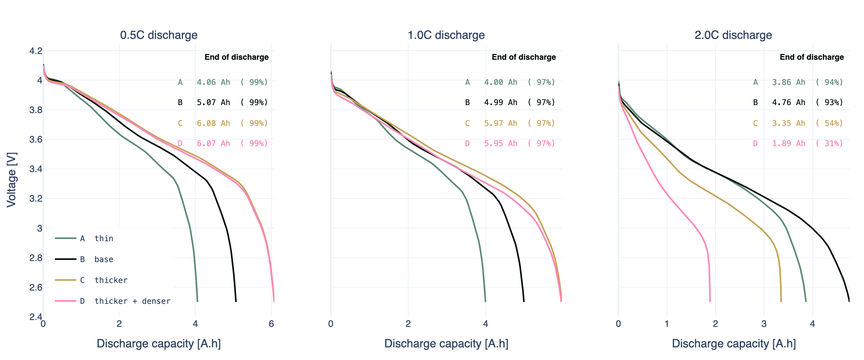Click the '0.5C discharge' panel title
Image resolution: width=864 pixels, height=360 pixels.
coord(159,35)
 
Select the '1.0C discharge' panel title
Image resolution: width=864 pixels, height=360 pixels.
coord(446,35)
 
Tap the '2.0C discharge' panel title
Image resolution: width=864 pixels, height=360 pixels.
coord(733,35)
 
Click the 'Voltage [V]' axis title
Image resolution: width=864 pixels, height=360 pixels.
coord(12,180)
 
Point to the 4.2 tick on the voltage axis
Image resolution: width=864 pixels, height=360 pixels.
coord(36,51)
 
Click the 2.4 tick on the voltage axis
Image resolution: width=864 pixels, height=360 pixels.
coord(36,317)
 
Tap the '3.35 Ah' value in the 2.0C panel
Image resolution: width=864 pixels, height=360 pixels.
coord(788,123)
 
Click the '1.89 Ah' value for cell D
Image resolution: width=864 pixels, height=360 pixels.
coord(788,143)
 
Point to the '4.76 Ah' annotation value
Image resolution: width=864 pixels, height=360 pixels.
coord(788,102)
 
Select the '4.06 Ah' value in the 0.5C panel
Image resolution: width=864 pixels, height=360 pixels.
coord(213,82)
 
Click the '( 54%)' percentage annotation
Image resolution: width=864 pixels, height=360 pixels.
coord(829,123)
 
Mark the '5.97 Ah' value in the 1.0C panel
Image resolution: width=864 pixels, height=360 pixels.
coord(500,123)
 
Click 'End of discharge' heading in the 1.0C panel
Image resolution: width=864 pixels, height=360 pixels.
coord(523,57)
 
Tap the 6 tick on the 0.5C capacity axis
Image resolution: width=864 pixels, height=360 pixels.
coord(271,324)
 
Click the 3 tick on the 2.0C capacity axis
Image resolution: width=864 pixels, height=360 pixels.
coord(764,324)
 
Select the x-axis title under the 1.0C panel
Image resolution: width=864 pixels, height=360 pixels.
coord(446,344)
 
